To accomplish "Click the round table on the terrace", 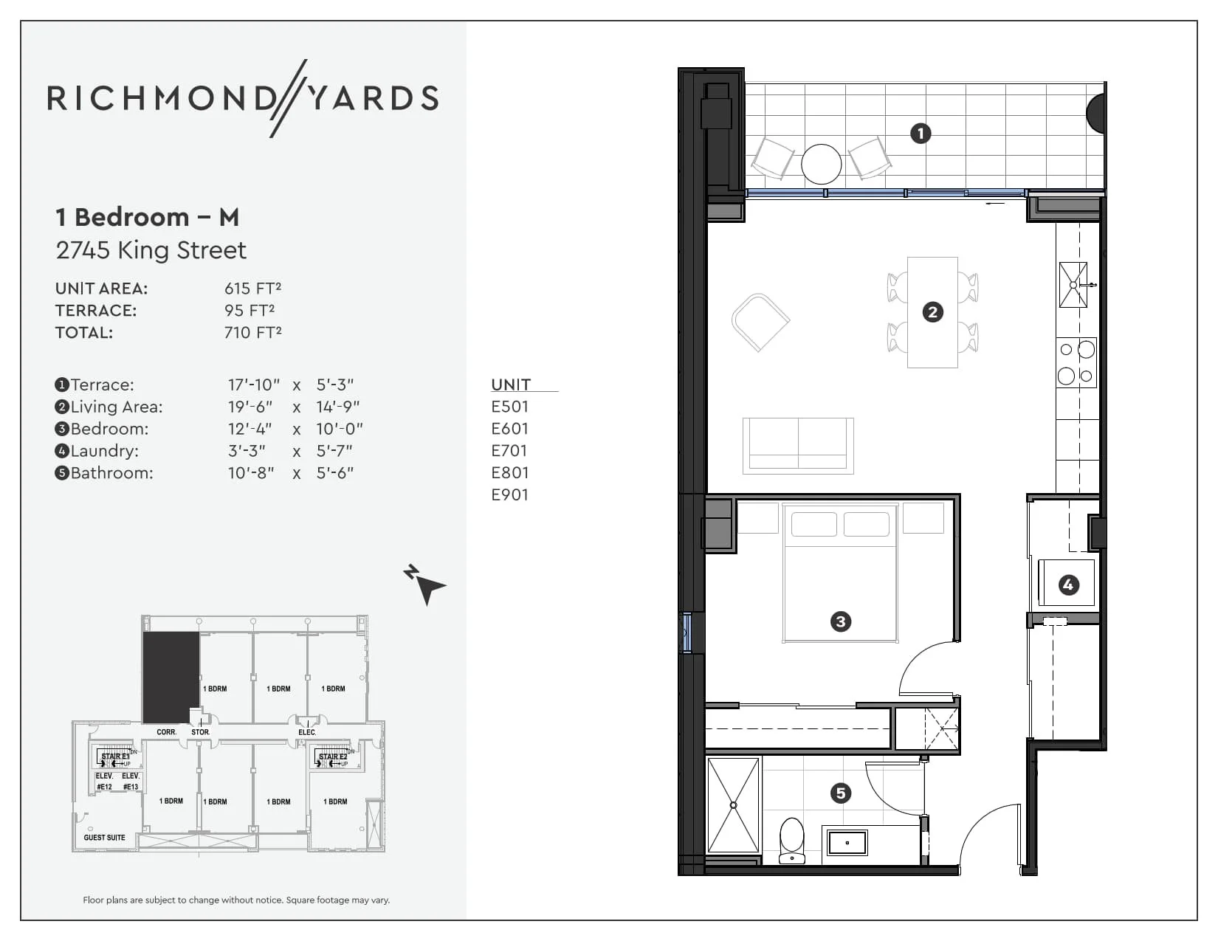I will point(821,164).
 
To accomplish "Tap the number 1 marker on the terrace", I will point(920,134).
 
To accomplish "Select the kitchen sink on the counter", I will point(1073,284).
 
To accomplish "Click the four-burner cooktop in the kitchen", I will point(1076,362).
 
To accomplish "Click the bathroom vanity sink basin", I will point(847,842).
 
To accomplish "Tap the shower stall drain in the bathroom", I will point(733,805).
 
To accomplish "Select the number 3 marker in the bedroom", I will point(840,621).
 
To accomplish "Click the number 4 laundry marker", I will point(1068,585).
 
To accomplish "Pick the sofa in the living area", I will point(798,445).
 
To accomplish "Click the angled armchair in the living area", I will point(760,322).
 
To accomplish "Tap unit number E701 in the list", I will point(509,451).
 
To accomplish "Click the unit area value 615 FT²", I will point(252,289).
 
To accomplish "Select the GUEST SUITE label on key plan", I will point(104,838).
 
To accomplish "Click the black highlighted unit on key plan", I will point(171,677).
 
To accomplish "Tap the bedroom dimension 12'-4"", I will point(250,429).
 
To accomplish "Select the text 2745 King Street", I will point(151,250).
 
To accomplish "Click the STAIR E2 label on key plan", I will point(332,756).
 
